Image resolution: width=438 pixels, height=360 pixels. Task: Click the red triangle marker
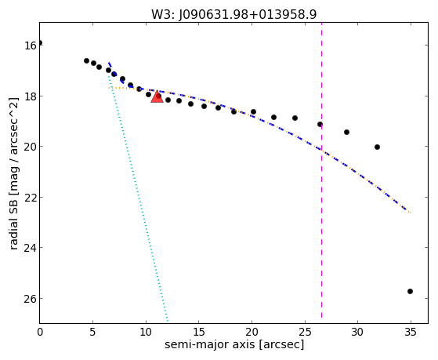(157, 96)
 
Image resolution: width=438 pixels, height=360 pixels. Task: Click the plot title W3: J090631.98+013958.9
(233, 15)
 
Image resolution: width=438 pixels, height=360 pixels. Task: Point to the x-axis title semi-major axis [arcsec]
(234, 344)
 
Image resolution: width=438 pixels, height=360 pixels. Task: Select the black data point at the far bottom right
(410, 292)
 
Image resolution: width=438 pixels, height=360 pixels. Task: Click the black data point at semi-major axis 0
(40, 43)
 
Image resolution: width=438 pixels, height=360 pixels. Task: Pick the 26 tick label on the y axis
(30, 299)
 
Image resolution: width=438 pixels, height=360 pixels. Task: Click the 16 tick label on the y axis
(30, 45)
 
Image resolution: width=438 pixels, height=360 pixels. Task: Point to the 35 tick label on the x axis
(411, 333)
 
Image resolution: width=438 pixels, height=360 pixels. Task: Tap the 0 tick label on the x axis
(40, 333)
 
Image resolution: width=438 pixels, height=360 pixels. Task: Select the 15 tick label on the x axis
(198, 333)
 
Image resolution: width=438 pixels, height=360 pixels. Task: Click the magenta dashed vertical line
(321, 170)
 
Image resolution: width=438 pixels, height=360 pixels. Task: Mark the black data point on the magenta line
(320, 124)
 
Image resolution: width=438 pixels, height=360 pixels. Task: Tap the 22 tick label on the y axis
(30, 198)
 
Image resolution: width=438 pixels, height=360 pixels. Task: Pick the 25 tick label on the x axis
(305, 333)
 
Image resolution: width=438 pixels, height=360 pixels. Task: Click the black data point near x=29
(346, 132)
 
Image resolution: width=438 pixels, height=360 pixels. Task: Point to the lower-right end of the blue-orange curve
(410, 213)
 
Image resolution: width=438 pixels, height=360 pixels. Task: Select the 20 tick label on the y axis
(30, 147)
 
